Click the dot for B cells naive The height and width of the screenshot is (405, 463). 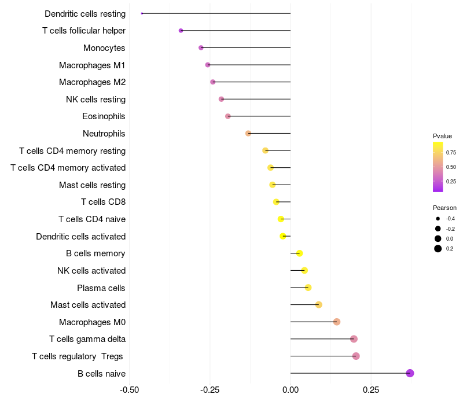pos(410,373)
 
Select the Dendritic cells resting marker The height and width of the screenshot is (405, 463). pos(142,13)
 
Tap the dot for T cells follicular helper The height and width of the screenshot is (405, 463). pos(181,31)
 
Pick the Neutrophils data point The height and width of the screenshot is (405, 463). pos(248,134)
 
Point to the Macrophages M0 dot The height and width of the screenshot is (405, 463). pos(337,322)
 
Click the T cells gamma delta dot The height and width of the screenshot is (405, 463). pos(354,339)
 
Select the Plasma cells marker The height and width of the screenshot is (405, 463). pos(308,288)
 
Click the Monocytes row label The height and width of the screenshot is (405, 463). pos(104,48)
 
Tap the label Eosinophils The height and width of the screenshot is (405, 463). pos(104,116)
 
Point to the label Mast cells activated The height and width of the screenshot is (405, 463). pos(88,305)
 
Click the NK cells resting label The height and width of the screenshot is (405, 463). pos(95,100)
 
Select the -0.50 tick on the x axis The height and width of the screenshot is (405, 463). pos(129,389)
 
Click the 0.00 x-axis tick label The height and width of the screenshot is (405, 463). pos(291,389)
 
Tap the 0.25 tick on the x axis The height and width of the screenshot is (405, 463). pos(371,389)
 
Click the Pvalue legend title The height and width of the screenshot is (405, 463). pos(442,136)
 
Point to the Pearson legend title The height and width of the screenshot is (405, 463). pos(444,208)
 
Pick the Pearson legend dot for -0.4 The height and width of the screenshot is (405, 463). pos(438,219)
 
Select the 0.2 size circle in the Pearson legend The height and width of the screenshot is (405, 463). pos(438,249)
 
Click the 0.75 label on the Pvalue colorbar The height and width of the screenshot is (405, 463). pos(450,152)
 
